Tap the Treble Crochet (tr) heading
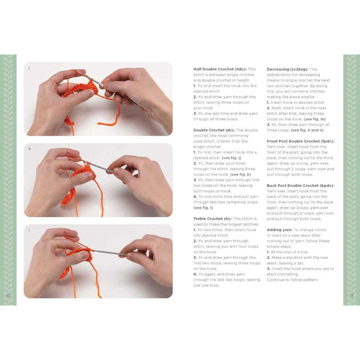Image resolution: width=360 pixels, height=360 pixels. (213, 218)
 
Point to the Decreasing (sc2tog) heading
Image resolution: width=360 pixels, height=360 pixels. (292, 70)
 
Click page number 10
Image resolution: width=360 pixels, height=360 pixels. (8, 295)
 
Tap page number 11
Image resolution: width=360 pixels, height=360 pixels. (352, 295)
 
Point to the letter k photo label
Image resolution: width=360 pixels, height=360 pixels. (29, 148)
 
